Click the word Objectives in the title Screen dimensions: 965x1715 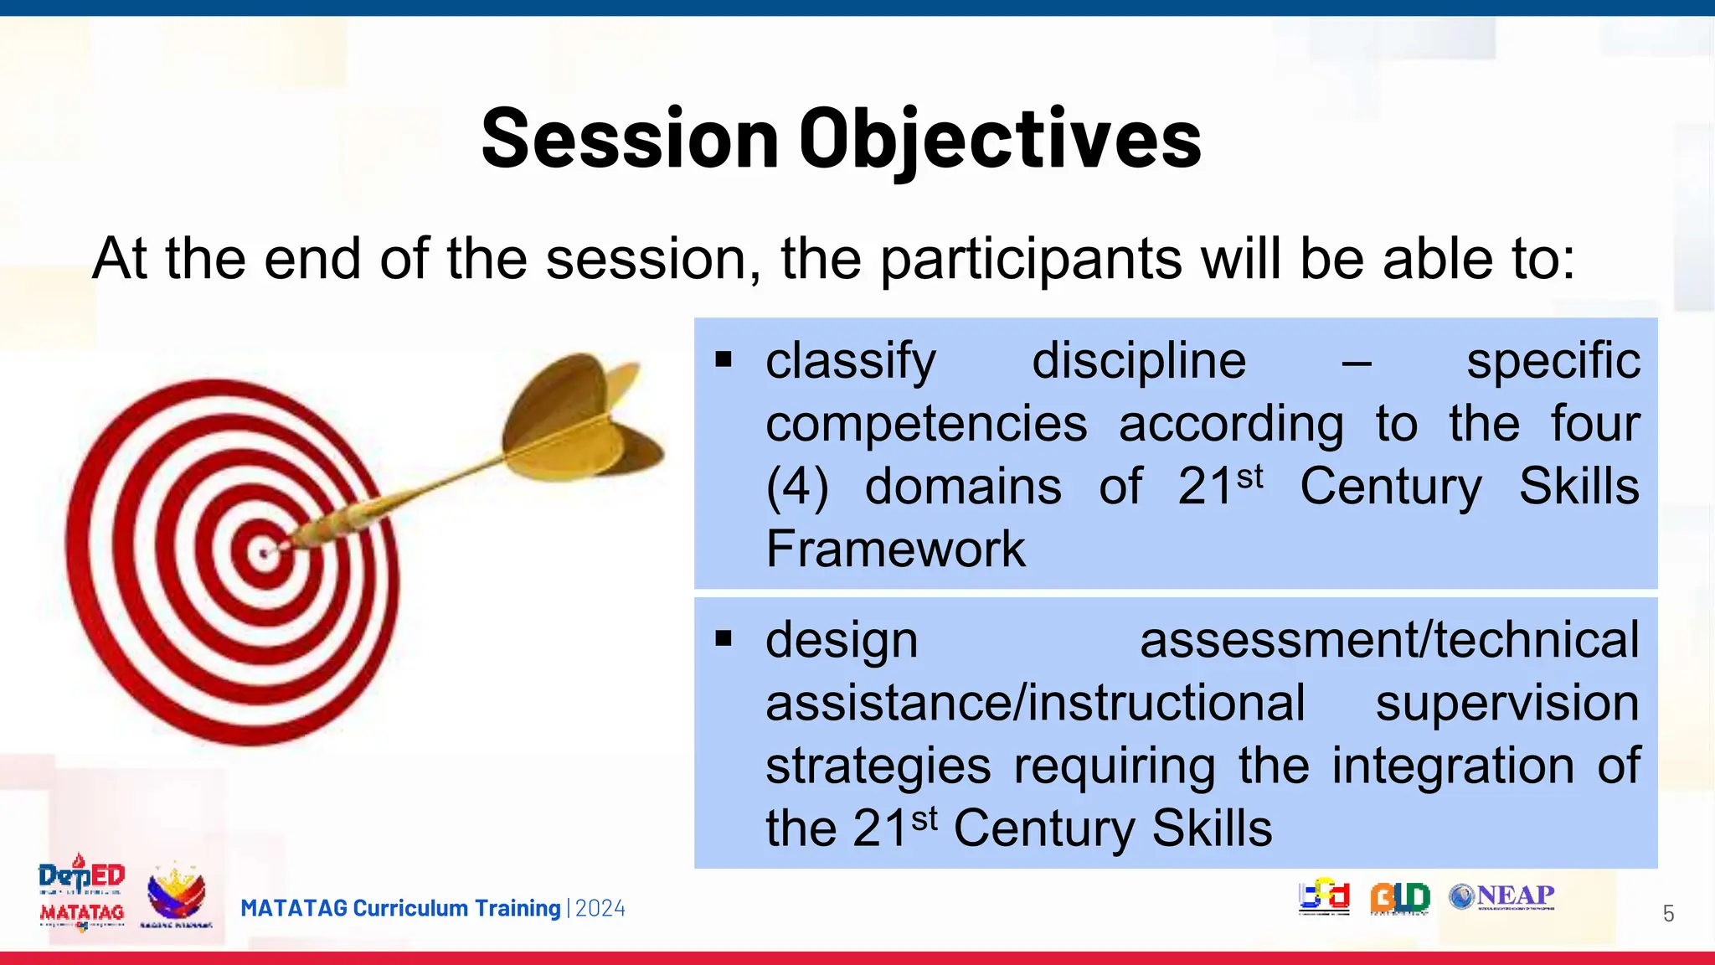click(1000, 139)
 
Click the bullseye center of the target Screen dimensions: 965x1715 click(265, 553)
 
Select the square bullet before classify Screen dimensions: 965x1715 click(724, 361)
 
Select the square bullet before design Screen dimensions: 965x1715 click(724, 640)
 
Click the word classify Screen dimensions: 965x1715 click(850, 361)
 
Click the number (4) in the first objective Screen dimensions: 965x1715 click(796, 487)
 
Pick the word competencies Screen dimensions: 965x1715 click(925, 424)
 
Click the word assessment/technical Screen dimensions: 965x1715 click(1388, 640)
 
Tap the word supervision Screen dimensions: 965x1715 click(1506, 703)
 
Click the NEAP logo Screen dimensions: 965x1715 click(1501, 896)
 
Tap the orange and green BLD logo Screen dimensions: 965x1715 click(1399, 897)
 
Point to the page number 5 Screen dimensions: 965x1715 click(1668, 914)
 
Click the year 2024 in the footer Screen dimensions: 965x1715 click(600, 909)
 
